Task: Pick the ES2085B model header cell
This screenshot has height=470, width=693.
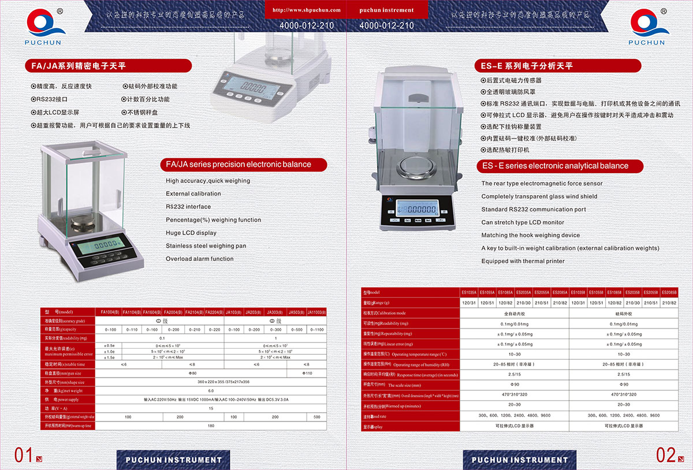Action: pos(669,293)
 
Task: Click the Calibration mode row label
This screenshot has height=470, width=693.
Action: pos(385,313)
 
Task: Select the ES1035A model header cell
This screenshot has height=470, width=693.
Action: pos(469,293)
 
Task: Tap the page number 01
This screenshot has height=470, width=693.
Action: pos(23,455)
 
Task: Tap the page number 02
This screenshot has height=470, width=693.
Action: pos(666,455)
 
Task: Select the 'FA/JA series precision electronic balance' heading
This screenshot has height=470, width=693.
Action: pos(239,165)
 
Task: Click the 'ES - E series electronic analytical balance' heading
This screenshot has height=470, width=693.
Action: pos(555,166)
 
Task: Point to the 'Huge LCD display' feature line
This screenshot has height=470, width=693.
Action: pos(191,233)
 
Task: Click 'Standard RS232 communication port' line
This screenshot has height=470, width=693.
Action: pos(534,210)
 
